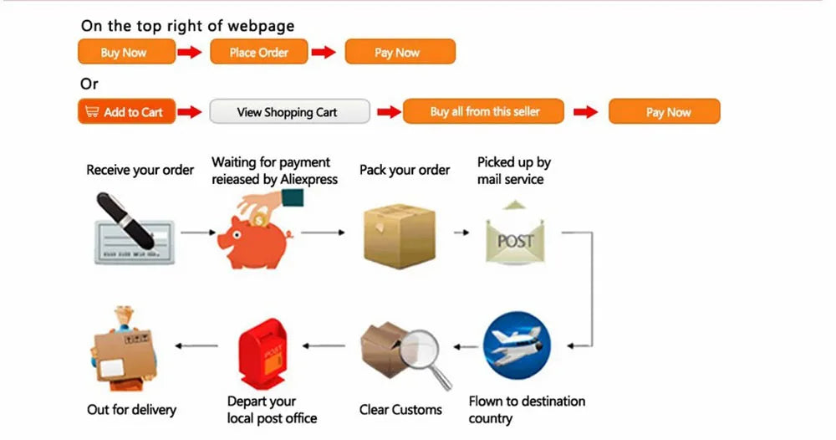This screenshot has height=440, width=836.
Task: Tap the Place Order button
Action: click(259, 52)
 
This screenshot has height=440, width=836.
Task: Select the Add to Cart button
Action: click(126, 111)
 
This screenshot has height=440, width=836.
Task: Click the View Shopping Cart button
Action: click(289, 111)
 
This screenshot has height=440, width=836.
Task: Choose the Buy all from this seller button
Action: click(483, 111)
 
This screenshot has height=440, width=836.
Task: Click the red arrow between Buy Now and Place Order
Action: click(191, 52)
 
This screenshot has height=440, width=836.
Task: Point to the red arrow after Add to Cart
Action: click(191, 111)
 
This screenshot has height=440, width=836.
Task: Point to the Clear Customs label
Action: click(400, 410)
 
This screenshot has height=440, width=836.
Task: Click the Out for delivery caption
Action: click(131, 410)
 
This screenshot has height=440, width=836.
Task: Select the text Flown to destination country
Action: click(527, 409)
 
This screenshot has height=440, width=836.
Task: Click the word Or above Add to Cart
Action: click(89, 84)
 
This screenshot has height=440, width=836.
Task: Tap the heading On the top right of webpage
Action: click(187, 26)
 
